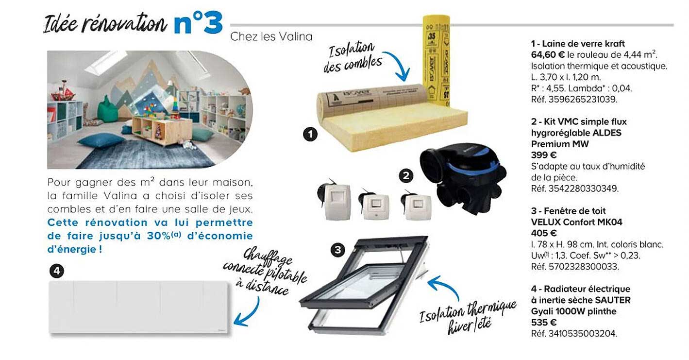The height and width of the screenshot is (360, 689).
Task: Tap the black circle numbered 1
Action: (310, 134)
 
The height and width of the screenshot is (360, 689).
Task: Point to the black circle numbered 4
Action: (57, 271)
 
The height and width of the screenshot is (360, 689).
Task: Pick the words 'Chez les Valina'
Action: (271, 36)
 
